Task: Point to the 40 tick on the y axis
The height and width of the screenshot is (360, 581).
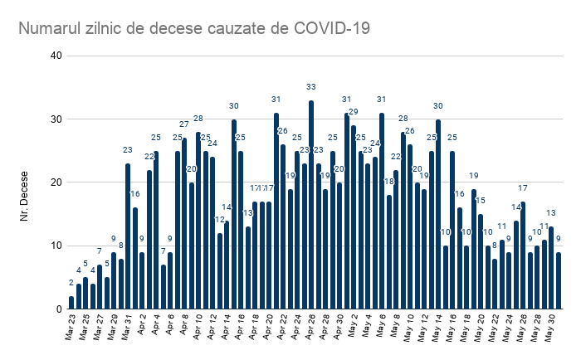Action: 56,56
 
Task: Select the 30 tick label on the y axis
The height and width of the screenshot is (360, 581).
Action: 56,119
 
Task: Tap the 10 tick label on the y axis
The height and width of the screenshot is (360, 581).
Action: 56,246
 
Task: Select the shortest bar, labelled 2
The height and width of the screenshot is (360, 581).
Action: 71,303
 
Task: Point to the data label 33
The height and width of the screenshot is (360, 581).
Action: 311,87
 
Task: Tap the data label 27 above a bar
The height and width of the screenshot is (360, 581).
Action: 184,124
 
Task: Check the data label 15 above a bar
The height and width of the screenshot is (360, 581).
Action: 481,201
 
